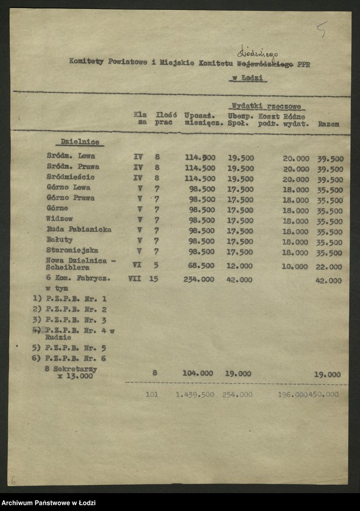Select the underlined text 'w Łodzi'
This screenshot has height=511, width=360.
pos(247,78)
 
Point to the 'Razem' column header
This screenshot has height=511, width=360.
pos(328,123)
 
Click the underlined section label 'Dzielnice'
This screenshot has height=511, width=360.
pos(80,142)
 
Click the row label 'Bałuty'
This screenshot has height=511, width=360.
pos(60,240)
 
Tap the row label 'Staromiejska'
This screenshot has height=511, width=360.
pos(72,250)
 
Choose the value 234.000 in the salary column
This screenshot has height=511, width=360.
pos(199,279)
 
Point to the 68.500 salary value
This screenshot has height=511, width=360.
pos(201,266)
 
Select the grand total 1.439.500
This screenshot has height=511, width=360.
pos(195,394)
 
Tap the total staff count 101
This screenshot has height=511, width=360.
pos(153,394)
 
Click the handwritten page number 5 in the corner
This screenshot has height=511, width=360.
pos(322,28)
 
